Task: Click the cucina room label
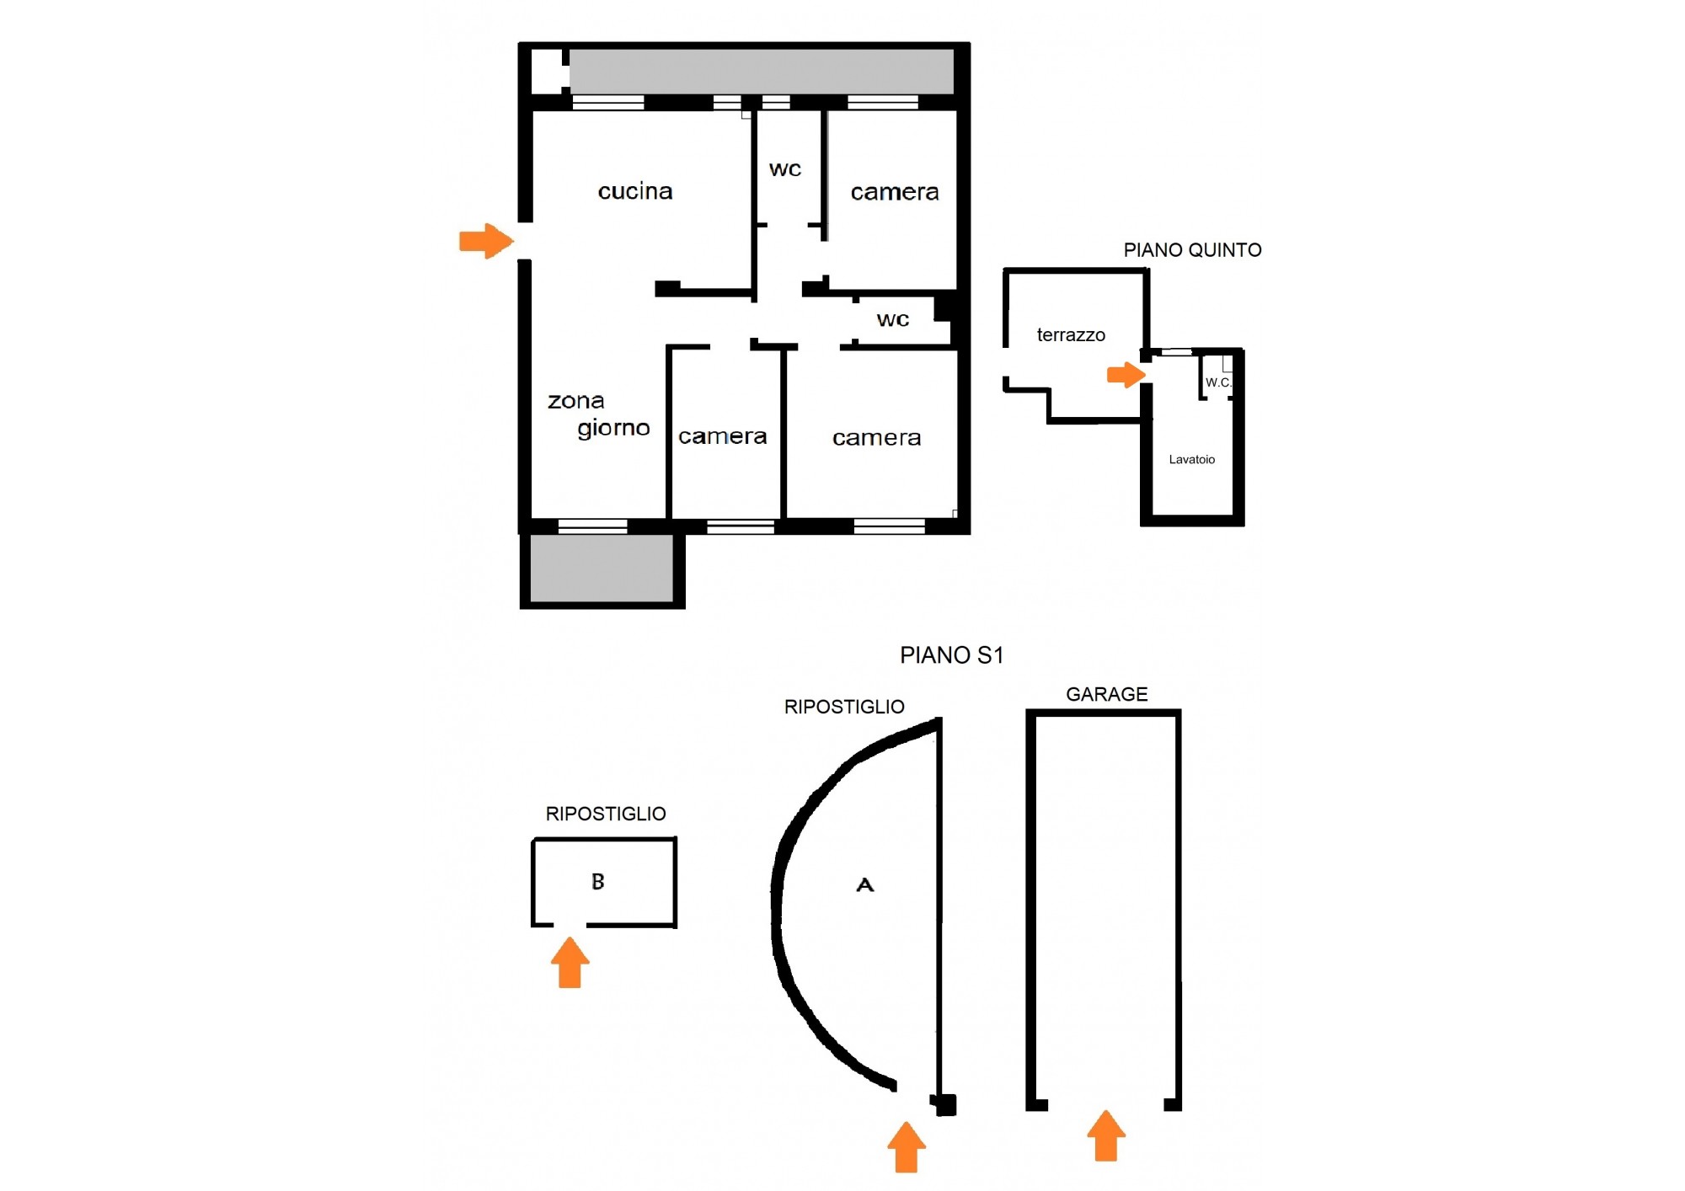[635, 191]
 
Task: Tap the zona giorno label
[599, 414]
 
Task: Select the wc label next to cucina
[785, 169]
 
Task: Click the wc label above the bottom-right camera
[893, 320]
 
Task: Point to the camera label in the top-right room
[895, 192]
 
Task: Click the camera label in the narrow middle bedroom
[723, 436]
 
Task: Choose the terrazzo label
[1071, 335]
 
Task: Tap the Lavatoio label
[1192, 459]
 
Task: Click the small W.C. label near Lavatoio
[1218, 382]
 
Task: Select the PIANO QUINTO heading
[1192, 250]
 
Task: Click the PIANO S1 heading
[952, 655]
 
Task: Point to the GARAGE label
[1107, 694]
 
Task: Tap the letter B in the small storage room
[598, 882]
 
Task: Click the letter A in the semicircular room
[865, 884]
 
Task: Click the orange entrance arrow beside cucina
[486, 241]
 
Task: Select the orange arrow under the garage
[1106, 1135]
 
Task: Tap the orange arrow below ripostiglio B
[570, 962]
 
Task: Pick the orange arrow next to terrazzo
[1126, 375]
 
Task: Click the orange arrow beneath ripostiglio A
[907, 1146]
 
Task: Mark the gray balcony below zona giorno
[602, 569]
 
